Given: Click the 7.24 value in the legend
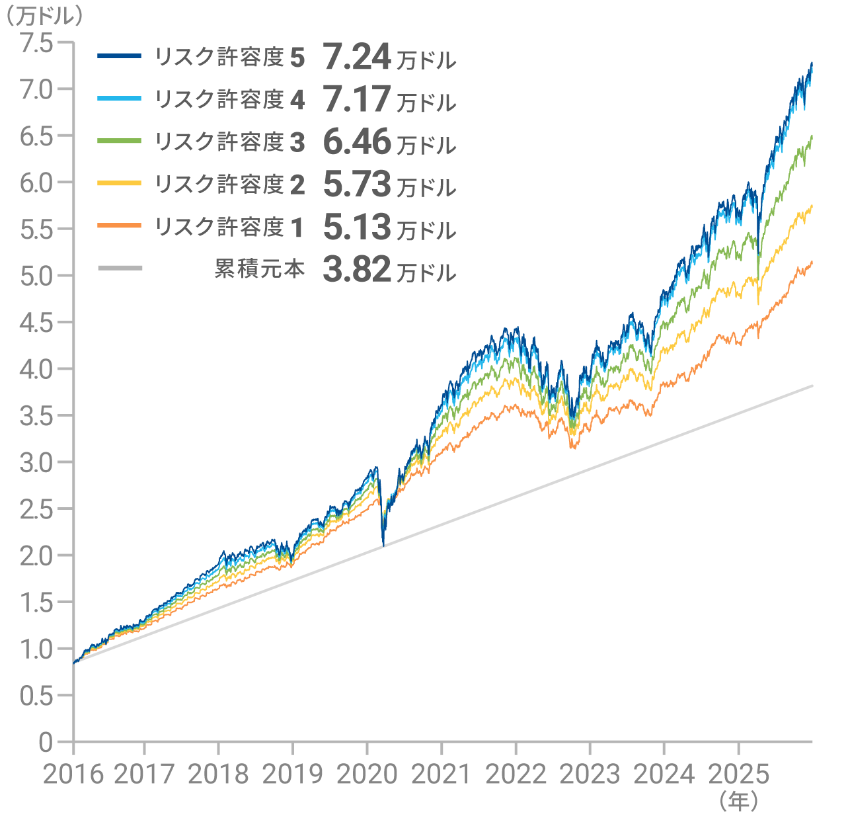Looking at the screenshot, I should (x=357, y=58).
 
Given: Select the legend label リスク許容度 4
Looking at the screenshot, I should (x=229, y=100).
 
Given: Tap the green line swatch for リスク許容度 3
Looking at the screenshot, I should (x=119, y=141).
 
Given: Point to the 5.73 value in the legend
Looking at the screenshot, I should (x=357, y=184).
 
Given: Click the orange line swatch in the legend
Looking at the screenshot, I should (x=119, y=225).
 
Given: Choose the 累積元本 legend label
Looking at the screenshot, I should (x=259, y=268).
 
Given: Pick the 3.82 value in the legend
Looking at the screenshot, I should (x=357, y=270).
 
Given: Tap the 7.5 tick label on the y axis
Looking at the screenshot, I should (x=36, y=43).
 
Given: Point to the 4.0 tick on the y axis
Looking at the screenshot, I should (x=36, y=369).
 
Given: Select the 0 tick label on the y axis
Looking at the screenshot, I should (x=45, y=742).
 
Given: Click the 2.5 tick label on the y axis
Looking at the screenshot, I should (x=36, y=509).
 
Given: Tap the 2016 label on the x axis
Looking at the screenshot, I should (x=73, y=774).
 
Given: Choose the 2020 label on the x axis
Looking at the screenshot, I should (x=367, y=774).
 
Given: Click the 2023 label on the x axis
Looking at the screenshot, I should (x=590, y=774).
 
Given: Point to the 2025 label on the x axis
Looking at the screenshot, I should (x=738, y=774).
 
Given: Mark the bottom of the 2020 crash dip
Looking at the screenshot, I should (x=383, y=546).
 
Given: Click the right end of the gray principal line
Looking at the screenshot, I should (x=812, y=386).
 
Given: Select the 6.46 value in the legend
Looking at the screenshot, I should (x=357, y=142).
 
